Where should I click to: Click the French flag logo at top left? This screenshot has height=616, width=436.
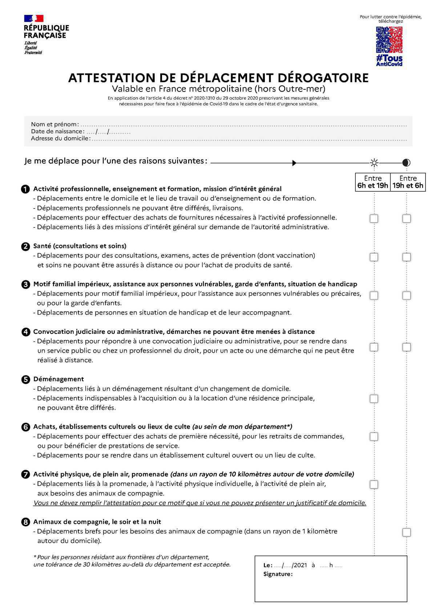(x=34, y=19)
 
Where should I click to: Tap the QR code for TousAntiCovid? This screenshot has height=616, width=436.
(x=389, y=40)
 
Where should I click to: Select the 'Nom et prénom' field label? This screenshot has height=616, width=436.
(x=54, y=124)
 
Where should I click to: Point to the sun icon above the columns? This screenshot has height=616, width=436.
(x=374, y=163)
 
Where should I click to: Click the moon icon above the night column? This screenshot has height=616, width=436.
(x=406, y=163)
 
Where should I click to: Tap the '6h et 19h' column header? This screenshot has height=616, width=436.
(x=373, y=186)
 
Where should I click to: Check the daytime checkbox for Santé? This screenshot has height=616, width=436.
(x=374, y=257)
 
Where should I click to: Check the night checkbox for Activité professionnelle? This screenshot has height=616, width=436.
(x=407, y=219)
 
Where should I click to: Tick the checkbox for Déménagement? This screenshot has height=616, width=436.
(x=374, y=399)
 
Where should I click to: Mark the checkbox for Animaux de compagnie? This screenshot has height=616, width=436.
(x=407, y=532)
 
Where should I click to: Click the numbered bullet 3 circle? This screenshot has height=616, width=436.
(x=25, y=284)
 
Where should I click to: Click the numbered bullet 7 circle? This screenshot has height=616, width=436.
(x=25, y=474)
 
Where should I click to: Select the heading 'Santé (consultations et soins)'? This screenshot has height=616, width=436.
(x=80, y=246)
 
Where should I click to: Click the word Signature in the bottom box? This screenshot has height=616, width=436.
(x=278, y=574)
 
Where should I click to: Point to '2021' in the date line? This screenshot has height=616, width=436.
(x=300, y=566)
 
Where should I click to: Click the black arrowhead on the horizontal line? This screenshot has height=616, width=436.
(x=295, y=163)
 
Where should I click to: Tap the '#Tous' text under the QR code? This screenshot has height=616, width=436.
(x=389, y=58)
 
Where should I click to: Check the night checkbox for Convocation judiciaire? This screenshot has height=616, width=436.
(x=407, y=347)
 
